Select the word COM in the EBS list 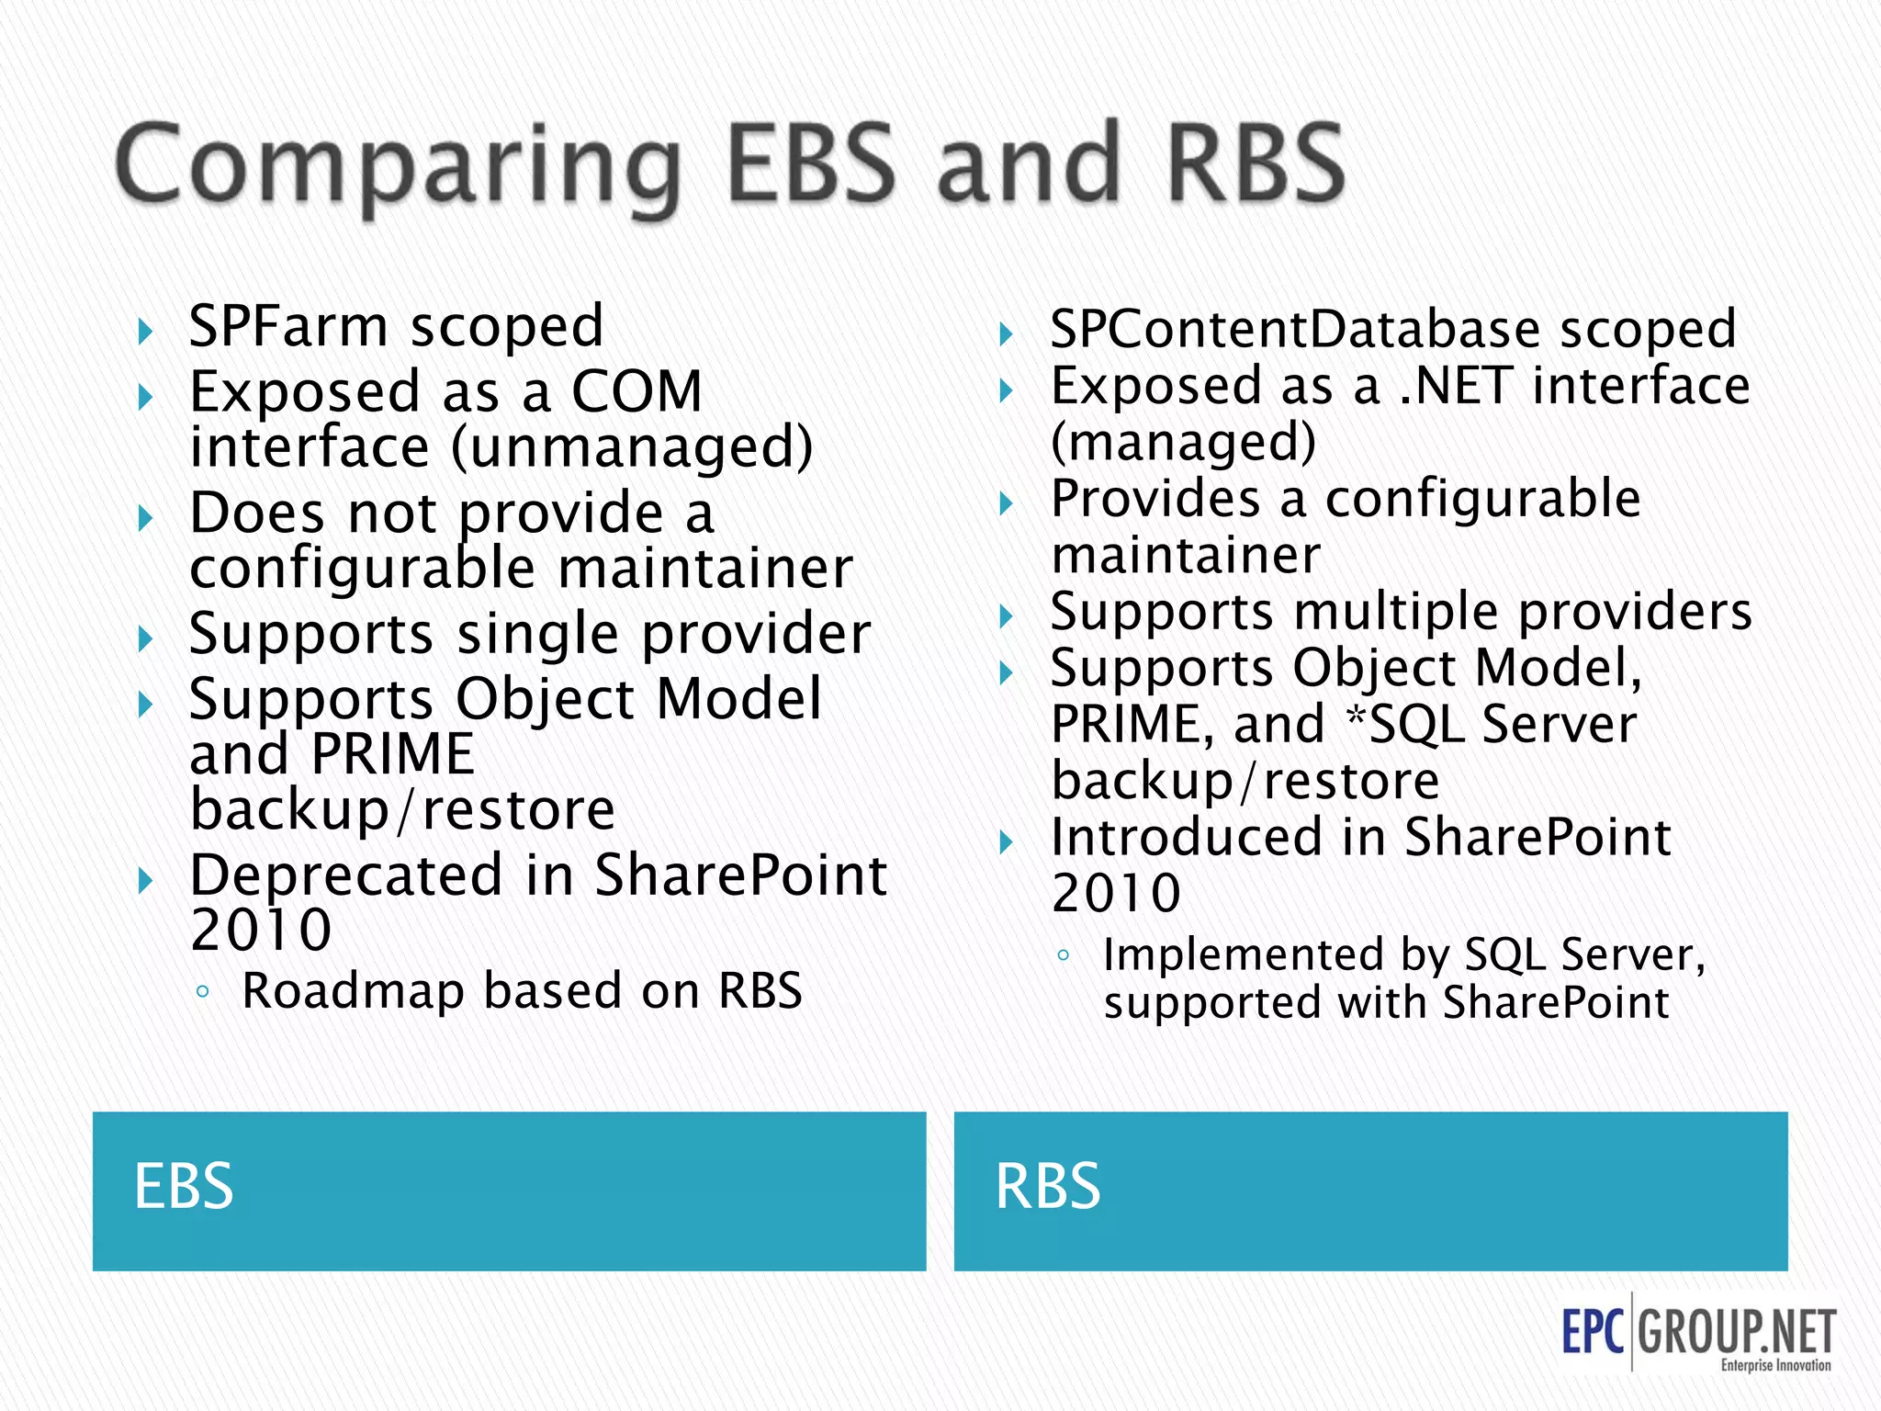tap(636, 392)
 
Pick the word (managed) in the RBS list tap(1183, 443)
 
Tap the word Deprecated tap(346, 875)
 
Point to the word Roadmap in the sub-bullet tap(353, 992)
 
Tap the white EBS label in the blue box tap(184, 1187)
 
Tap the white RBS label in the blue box tap(1048, 1187)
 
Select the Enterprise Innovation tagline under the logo tap(1775, 1366)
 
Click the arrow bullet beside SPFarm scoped tap(144, 332)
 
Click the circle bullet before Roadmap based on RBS tap(203, 992)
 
